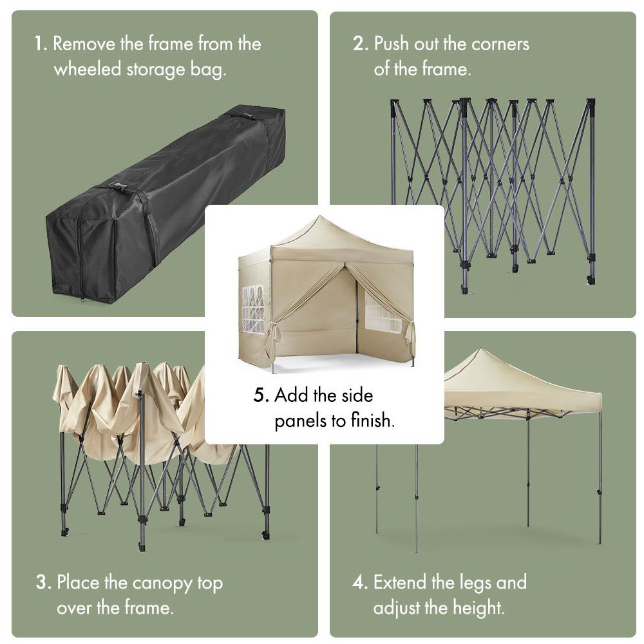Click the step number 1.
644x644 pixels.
(41, 44)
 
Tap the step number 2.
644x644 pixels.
(360, 44)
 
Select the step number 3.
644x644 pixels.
(44, 582)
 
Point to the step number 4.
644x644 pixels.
(360, 582)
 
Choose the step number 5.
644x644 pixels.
(261, 395)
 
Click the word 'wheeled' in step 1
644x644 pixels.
(88, 69)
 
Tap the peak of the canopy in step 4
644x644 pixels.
(480, 350)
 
